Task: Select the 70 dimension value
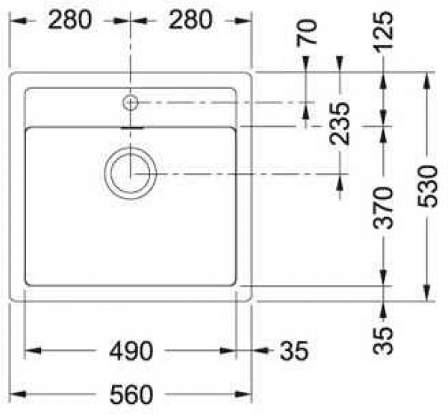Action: (x=307, y=33)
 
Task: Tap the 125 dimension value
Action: (x=384, y=33)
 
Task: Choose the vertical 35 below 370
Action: (x=383, y=340)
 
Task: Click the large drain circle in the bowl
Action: (x=131, y=172)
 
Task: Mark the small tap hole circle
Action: (x=131, y=102)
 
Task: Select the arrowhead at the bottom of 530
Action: (x=426, y=296)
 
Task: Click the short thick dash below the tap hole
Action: (x=131, y=128)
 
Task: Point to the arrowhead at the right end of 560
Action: (x=251, y=393)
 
